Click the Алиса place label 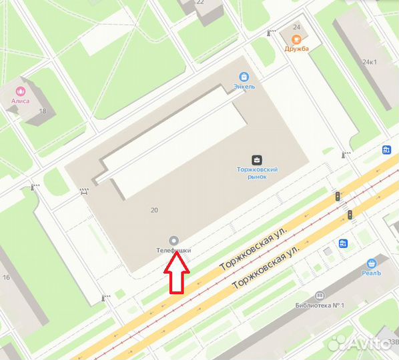pyautogui.click(x=20, y=101)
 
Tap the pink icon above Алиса pyautogui.click(x=20, y=90)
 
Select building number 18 pyautogui.click(x=43, y=111)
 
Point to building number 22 pyautogui.click(x=200, y=3)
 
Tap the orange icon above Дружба pyautogui.click(x=297, y=39)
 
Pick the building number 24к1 pyautogui.click(x=370, y=63)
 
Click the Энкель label pyautogui.click(x=244, y=87)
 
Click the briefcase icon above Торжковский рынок pyautogui.click(x=257, y=159)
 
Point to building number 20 pyautogui.click(x=155, y=210)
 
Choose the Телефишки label pyautogui.click(x=173, y=250)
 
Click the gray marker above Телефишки pyautogui.click(x=173, y=239)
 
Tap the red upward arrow pyautogui.click(x=177, y=272)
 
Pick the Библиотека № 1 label pyautogui.click(x=320, y=306)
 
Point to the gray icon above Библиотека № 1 pyautogui.click(x=320, y=295)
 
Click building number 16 pyautogui.click(x=7, y=277)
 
